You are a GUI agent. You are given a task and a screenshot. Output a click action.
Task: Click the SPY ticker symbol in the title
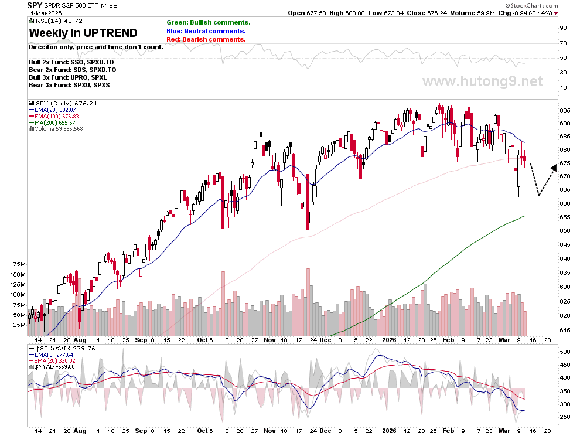click(x=35, y=5)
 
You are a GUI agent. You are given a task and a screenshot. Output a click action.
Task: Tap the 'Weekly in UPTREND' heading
click(x=83, y=33)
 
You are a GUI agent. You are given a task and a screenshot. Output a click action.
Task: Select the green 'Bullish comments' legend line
click(x=208, y=23)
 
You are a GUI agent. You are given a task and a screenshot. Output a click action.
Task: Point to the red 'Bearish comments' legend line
click(x=206, y=39)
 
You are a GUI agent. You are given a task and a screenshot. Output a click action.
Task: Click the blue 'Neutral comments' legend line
click(x=206, y=31)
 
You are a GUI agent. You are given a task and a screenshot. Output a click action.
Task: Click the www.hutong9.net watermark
click(x=483, y=81)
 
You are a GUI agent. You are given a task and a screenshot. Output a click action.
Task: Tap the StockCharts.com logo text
click(x=532, y=5)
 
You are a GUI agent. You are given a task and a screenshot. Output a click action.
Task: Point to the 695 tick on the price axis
click(x=565, y=110)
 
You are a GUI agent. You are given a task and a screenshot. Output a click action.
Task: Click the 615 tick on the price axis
click(x=565, y=330)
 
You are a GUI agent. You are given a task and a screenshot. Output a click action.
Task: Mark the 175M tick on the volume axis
click(x=18, y=264)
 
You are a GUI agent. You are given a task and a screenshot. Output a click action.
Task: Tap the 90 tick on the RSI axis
click(x=563, y=28)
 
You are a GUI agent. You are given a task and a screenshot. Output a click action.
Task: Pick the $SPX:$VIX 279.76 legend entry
click(x=62, y=348)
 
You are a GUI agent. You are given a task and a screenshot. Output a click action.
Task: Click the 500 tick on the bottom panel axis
click(x=565, y=352)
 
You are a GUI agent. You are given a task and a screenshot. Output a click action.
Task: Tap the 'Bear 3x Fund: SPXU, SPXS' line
click(x=69, y=85)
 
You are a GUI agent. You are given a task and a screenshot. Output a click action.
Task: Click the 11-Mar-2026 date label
click(x=45, y=13)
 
